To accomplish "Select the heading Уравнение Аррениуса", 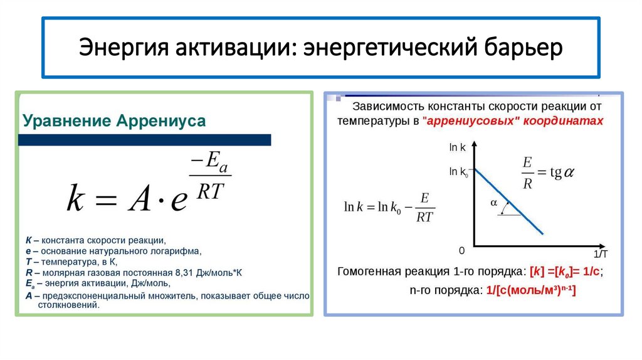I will [114, 120].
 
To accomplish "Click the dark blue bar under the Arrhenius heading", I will [144, 140].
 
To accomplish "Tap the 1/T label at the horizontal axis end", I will [600, 254].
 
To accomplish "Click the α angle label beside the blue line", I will [493, 203].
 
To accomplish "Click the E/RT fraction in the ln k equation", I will [424, 208].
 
